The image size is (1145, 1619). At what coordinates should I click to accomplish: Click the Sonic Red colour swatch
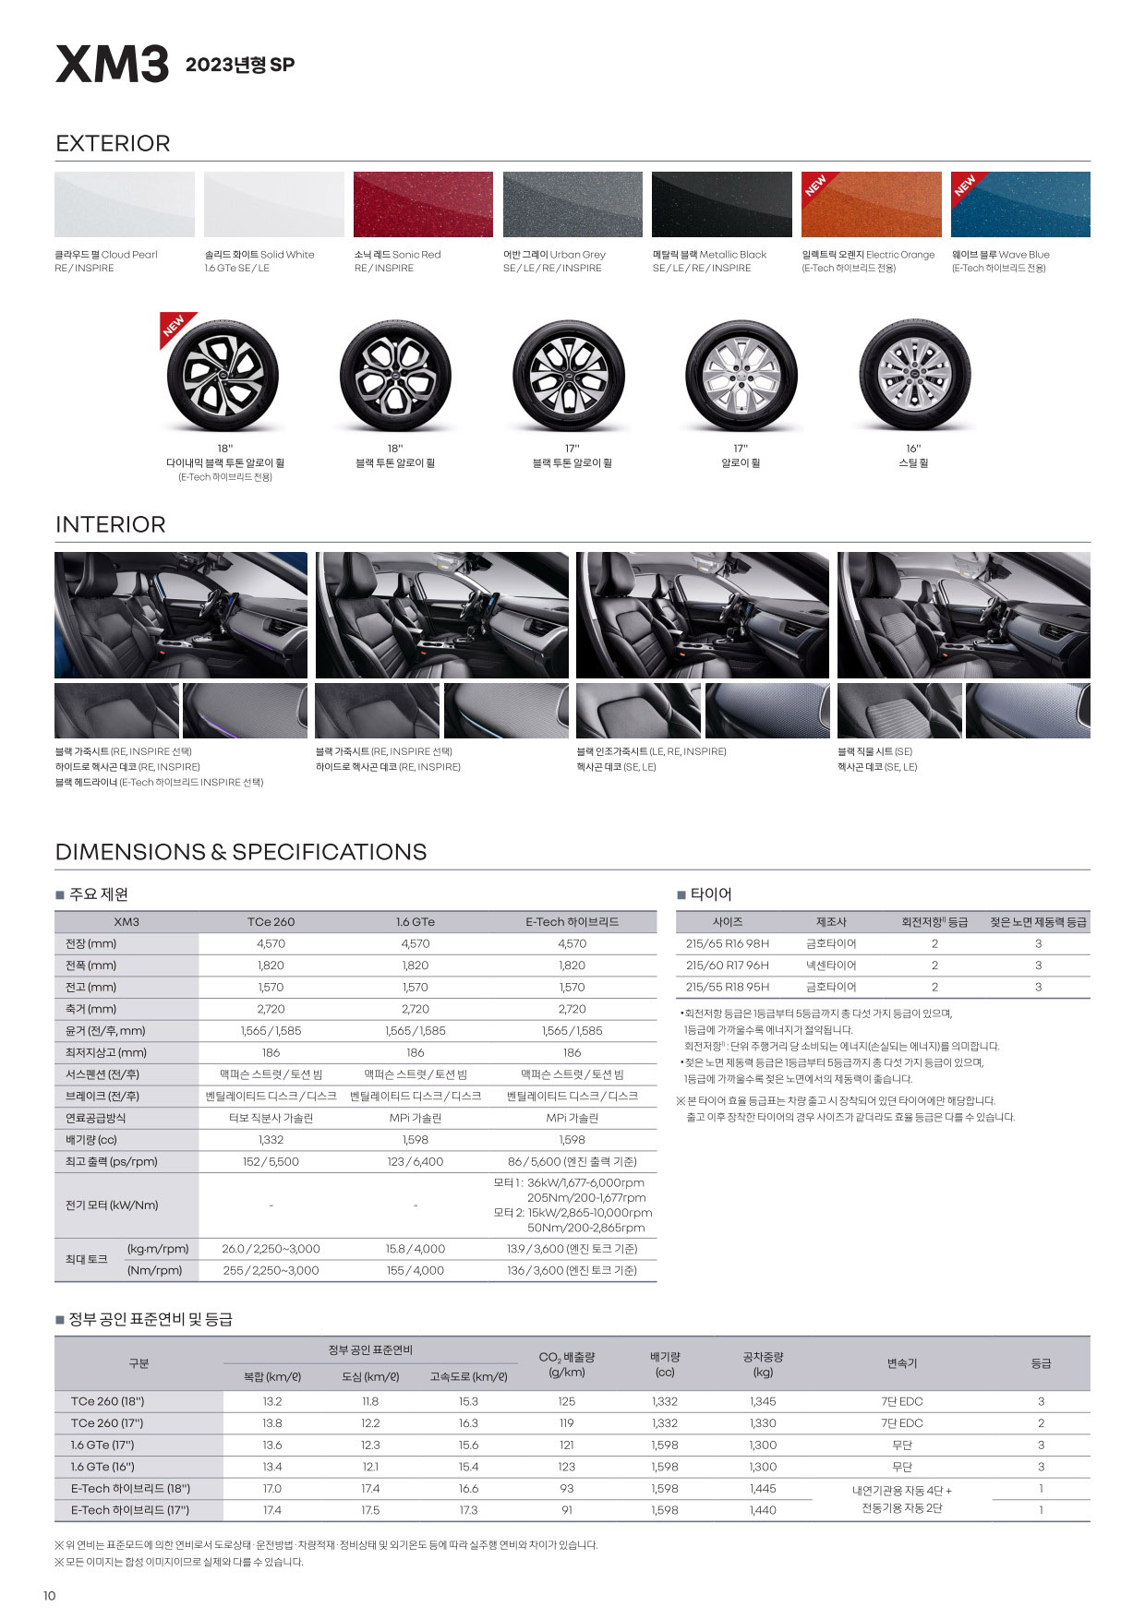tap(423, 204)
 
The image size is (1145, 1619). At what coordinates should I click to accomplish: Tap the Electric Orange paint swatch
tap(871, 204)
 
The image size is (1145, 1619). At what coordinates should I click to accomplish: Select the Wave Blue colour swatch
tap(1020, 204)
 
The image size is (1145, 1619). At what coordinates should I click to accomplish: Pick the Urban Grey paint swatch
tap(572, 204)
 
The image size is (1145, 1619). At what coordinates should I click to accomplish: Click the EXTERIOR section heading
tap(113, 144)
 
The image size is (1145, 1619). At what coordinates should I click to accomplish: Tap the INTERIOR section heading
tap(111, 525)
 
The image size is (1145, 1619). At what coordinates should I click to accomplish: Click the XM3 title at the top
tap(113, 65)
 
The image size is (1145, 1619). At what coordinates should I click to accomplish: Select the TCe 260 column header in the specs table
tap(271, 922)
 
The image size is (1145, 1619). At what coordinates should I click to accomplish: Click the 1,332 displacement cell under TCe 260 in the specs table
tap(271, 1140)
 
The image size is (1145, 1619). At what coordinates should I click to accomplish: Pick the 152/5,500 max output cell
tap(271, 1162)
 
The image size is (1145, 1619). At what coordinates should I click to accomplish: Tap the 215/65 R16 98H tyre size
tap(728, 944)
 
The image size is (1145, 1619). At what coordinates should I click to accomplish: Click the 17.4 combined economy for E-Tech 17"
tap(271, 1510)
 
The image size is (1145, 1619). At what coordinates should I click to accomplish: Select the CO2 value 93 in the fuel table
tap(566, 1489)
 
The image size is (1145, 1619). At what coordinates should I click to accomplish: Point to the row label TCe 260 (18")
tap(107, 1401)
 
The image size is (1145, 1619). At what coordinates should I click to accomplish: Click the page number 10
tap(50, 1597)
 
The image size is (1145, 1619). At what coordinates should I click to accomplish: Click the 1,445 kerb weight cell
tap(763, 1489)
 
